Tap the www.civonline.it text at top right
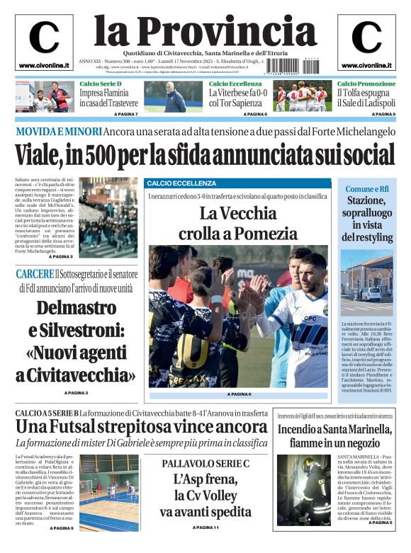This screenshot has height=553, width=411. (x=366, y=65)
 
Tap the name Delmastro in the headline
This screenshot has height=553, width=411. (x=76, y=308)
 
